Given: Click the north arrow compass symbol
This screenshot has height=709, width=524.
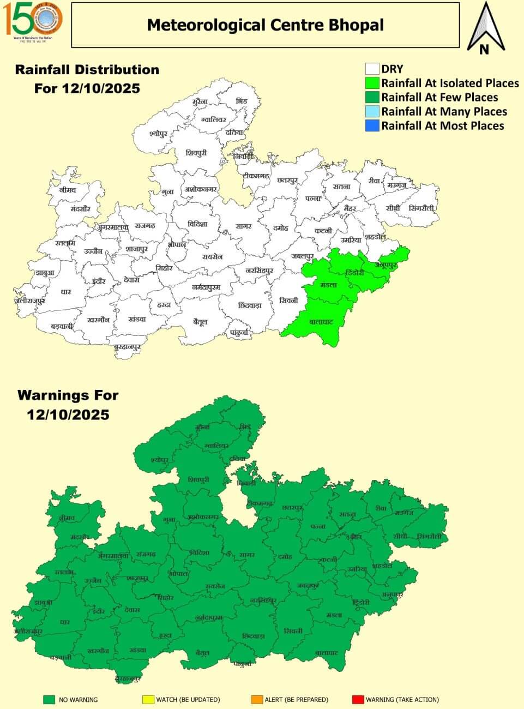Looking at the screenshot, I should click(x=484, y=28).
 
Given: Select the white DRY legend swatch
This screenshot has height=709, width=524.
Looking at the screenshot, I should click(x=372, y=69).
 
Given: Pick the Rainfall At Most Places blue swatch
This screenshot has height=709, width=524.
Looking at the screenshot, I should click(x=372, y=126).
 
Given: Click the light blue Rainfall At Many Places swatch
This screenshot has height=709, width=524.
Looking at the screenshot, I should click(x=372, y=112).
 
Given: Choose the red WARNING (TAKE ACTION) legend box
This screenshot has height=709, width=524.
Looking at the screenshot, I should click(x=358, y=699).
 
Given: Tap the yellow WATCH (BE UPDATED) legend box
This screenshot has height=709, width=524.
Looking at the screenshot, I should click(x=148, y=699).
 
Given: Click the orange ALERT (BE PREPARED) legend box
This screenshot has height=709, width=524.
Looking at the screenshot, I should click(x=257, y=699).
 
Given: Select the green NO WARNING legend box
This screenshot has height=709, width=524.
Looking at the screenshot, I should click(x=50, y=699).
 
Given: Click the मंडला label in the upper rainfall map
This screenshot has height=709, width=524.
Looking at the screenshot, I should click(x=329, y=285).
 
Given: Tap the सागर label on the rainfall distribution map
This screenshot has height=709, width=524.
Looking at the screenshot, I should click(x=243, y=225).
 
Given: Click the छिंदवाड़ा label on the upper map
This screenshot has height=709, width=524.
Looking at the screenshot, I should click(x=250, y=305).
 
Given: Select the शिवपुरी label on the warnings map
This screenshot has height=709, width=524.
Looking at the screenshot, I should click(x=198, y=479).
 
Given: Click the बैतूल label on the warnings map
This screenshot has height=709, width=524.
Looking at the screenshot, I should click(x=203, y=652).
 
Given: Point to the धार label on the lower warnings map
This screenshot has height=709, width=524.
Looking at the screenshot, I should click(x=65, y=622).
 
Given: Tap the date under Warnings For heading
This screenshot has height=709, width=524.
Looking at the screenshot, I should click(x=68, y=414).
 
